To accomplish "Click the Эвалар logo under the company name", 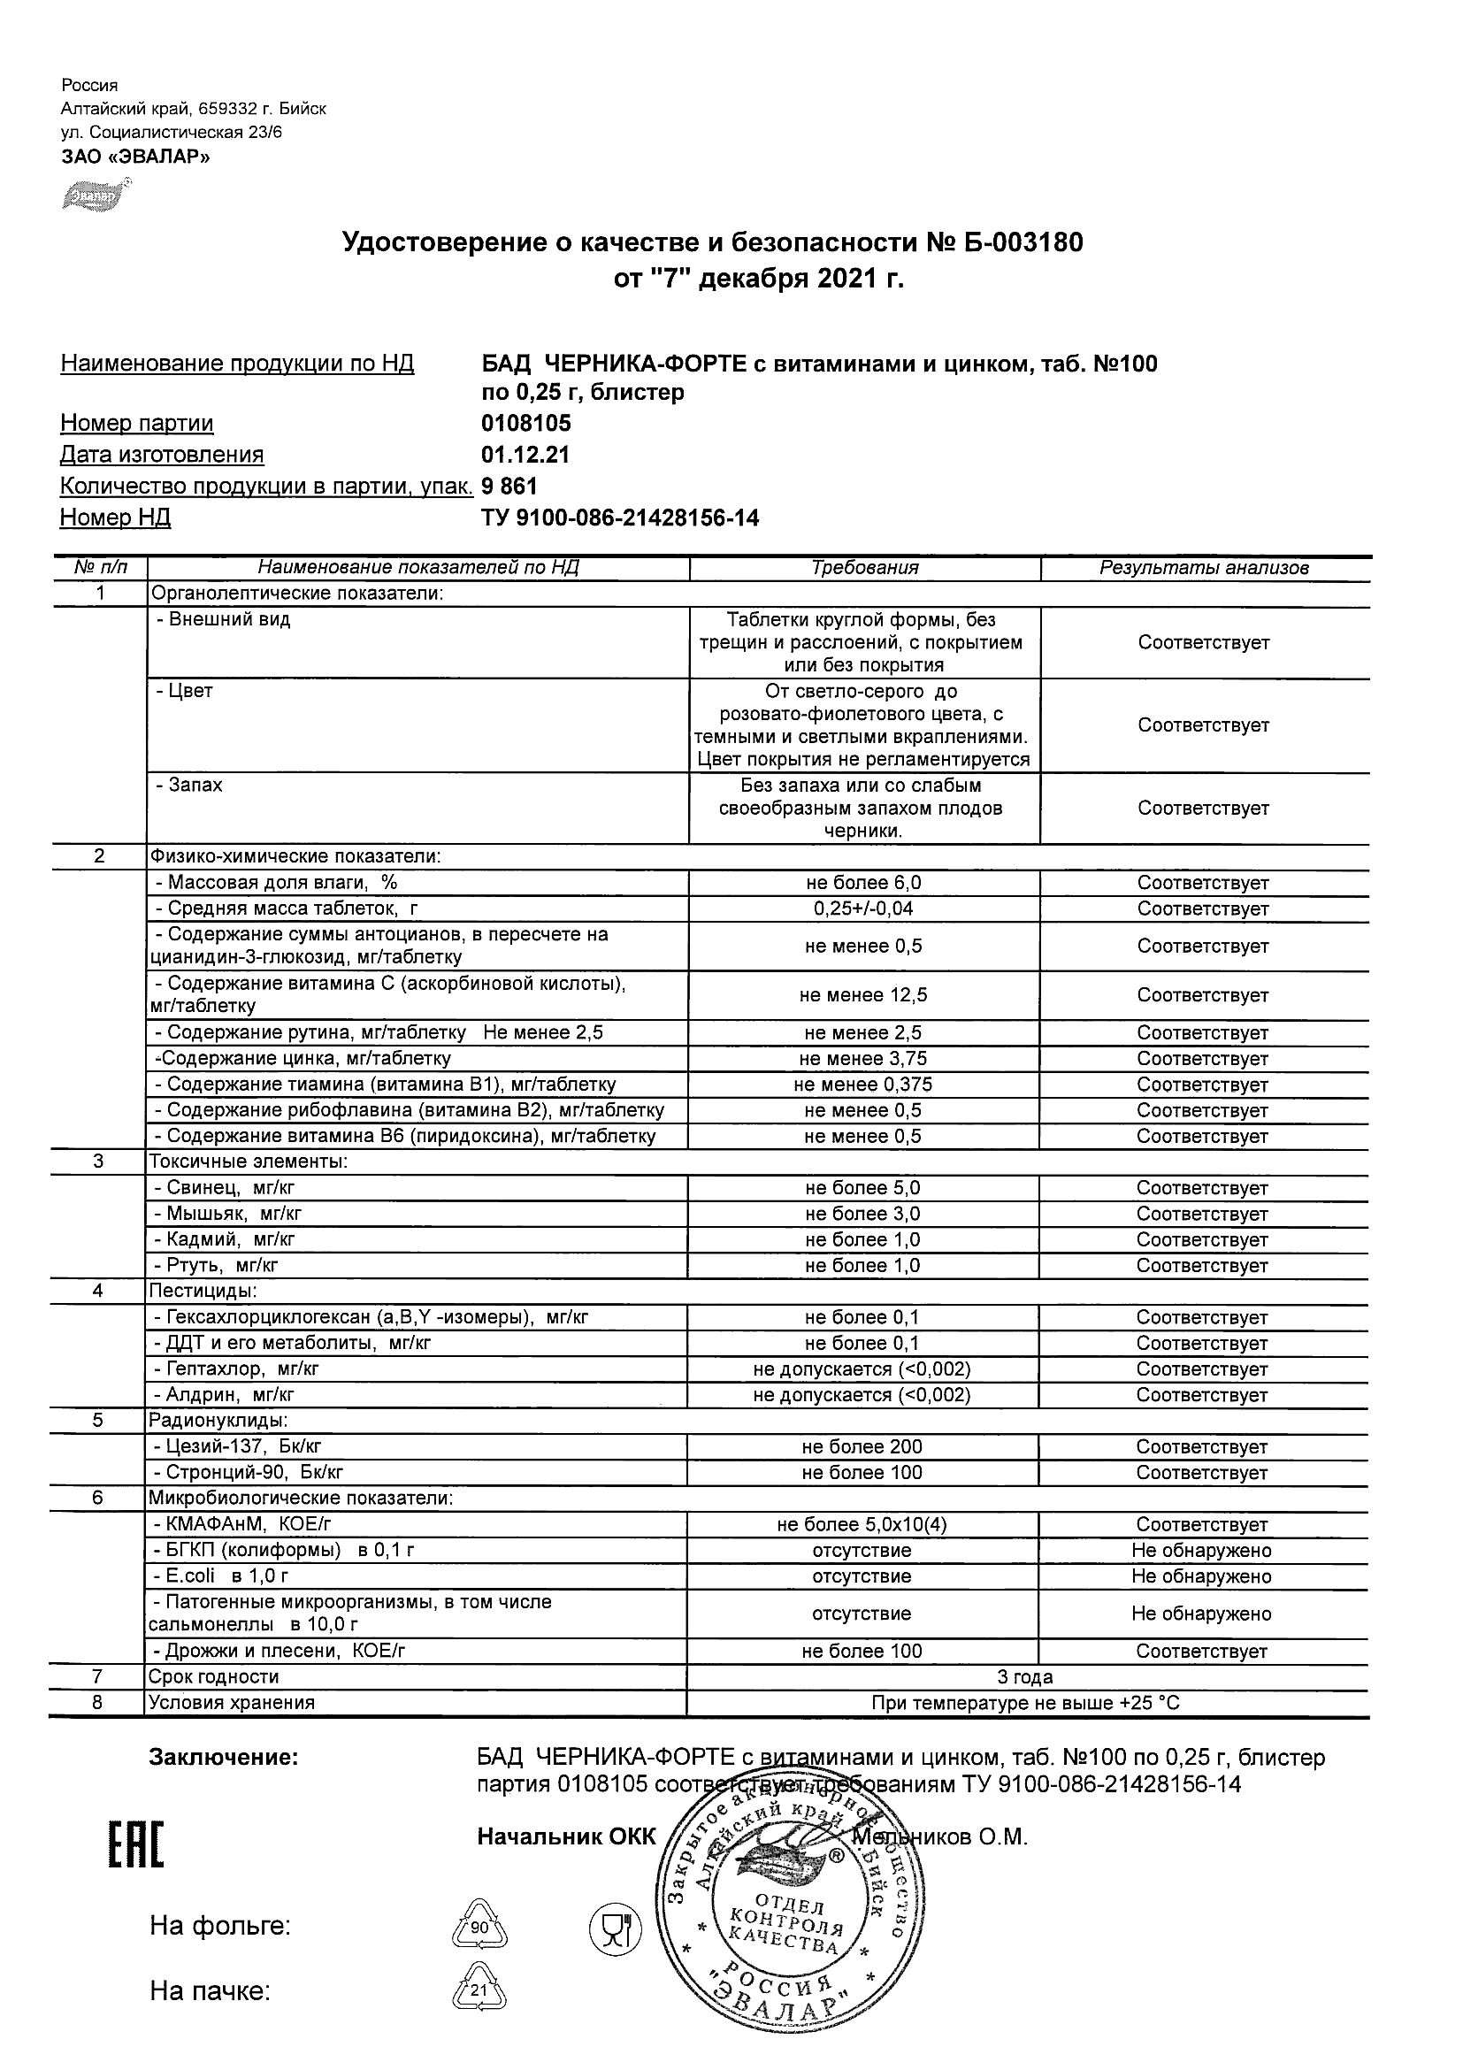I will point(95,194).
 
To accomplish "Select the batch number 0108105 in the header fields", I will point(525,424).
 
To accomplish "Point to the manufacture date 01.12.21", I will point(525,455).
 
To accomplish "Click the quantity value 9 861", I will point(509,487).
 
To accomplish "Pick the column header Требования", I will point(863,568).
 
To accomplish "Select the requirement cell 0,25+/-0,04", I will point(862,908).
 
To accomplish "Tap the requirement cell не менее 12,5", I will point(862,995).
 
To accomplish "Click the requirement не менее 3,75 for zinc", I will point(862,1060).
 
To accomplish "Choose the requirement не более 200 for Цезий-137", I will point(862,1447).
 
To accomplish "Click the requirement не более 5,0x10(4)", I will point(862,1524).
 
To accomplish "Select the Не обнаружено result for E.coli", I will point(1201,1577).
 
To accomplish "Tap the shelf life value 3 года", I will point(1025,1677).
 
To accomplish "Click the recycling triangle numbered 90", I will point(478,1928).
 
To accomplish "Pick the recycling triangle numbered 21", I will point(478,1990).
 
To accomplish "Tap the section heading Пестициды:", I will point(203,1291).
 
